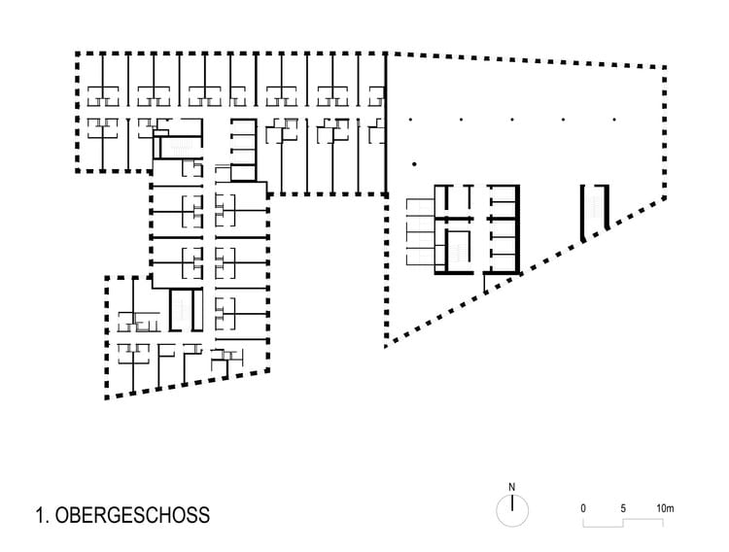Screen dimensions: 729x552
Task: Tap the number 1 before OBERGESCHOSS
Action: [37, 514]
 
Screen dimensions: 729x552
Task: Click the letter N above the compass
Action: [511, 487]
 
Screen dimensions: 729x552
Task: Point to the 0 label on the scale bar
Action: [583, 508]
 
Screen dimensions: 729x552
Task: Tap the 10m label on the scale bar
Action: [665, 508]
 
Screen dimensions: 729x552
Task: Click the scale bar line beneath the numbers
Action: [623, 524]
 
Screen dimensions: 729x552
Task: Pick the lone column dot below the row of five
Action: [414, 162]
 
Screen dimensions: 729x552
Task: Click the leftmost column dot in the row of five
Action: [411, 120]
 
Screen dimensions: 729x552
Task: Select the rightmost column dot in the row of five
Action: [614, 120]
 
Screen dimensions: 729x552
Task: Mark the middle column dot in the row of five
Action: [513, 120]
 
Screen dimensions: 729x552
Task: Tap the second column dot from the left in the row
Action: [462, 120]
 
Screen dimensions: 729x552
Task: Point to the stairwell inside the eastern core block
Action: [457, 251]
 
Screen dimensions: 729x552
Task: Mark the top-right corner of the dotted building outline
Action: [666, 67]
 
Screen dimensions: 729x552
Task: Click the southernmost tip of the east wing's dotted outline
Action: [386, 343]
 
